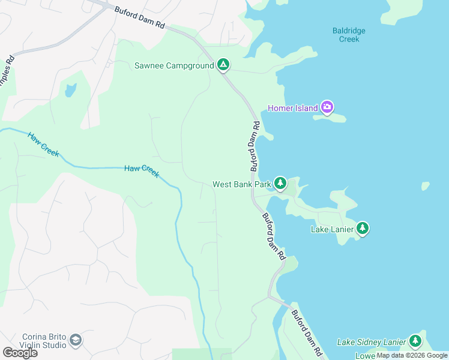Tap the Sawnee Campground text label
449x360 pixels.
click(174, 65)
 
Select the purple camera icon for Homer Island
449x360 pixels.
click(327, 107)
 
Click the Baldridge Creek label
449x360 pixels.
click(349, 35)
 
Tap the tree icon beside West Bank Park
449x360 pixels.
click(280, 183)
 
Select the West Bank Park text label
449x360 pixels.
click(242, 184)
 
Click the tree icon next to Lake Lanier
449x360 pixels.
click(362, 228)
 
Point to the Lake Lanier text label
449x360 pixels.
click(331, 229)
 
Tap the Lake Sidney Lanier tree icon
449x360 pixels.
click(415, 341)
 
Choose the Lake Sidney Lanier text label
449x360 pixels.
click(371, 342)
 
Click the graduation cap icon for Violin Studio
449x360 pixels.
click(76, 341)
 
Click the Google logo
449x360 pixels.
click(20, 353)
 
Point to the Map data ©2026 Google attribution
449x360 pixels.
click(412, 355)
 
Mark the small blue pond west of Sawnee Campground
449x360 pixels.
click(71, 91)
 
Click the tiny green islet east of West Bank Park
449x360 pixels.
click(426, 186)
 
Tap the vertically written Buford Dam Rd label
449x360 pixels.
click(255, 146)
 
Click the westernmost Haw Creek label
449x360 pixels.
click(43, 145)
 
